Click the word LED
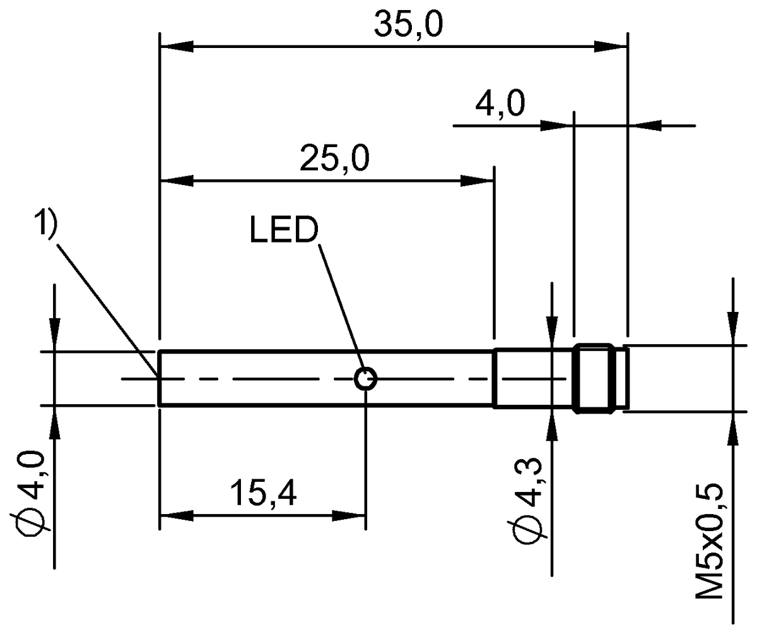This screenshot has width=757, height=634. [x=284, y=230]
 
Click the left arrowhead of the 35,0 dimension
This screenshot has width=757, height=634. [x=176, y=46]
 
